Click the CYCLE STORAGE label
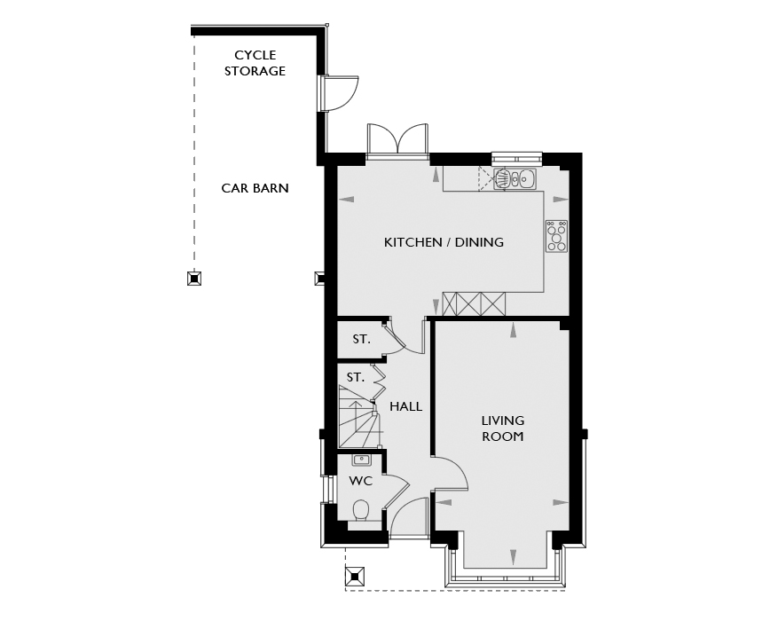pos(255,63)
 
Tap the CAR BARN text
pos(255,188)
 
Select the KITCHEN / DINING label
pos(444,242)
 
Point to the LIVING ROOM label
pos(502,429)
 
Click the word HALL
pos(405,406)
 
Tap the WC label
pos(361,481)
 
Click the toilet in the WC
pos(361,511)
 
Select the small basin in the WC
pos(361,460)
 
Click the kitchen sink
pos(515,178)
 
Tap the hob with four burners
pos(557,236)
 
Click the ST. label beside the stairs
pos(356,377)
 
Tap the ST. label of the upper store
pos(361,339)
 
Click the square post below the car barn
pos(194,279)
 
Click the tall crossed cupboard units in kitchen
pos(474,304)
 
